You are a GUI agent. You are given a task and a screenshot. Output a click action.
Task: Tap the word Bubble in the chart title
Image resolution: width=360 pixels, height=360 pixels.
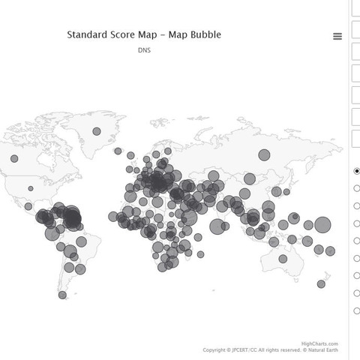pos(205,34)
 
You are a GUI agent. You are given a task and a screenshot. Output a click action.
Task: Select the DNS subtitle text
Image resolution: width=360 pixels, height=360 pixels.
pos(145,51)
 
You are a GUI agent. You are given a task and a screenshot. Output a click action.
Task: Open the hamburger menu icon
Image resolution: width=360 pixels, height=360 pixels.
pos(337,36)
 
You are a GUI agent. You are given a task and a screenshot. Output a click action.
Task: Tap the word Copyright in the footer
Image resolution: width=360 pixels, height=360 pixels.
pos(216,349)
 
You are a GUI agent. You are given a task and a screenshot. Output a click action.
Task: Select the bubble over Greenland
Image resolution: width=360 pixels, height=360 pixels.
pos(97,131)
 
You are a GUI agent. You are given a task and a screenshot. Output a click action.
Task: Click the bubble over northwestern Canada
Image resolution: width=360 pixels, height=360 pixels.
pos(13,159)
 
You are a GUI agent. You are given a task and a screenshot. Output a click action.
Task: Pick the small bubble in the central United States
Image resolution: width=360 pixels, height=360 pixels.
pos(31,189)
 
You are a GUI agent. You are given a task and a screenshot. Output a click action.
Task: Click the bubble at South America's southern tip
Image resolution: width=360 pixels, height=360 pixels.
pos(62,295)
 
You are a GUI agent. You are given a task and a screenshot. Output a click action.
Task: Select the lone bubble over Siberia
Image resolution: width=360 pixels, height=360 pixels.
pos(264,154)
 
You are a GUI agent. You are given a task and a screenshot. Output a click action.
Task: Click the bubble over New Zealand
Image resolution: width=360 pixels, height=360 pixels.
pos(321,283)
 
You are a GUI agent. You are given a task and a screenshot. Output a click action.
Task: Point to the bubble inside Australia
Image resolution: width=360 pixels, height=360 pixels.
pos(283,258)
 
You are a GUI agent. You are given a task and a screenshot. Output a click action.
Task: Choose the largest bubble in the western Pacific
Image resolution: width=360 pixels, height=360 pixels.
pos(322,224)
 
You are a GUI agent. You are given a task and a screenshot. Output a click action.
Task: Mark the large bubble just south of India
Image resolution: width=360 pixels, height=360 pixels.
pos(217,226)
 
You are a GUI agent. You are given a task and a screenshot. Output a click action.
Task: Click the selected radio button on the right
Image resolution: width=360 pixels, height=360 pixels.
pos(357,171)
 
